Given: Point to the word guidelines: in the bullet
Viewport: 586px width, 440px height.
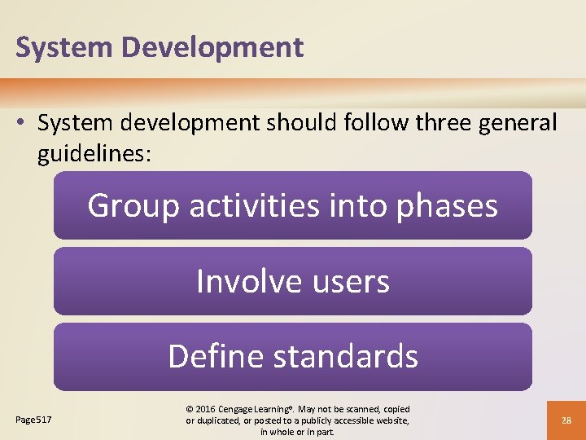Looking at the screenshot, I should (x=94, y=154).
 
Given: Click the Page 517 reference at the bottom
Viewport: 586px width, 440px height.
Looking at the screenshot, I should (x=33, y=420).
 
